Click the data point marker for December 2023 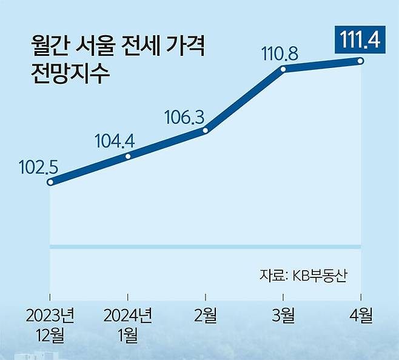click(x=51, y=182)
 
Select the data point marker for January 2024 click(x=128, y=156)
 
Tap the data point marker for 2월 click(x=206, y=130)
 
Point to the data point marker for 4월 click(x=361, y=61)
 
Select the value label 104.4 click(x=115, y=141)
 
